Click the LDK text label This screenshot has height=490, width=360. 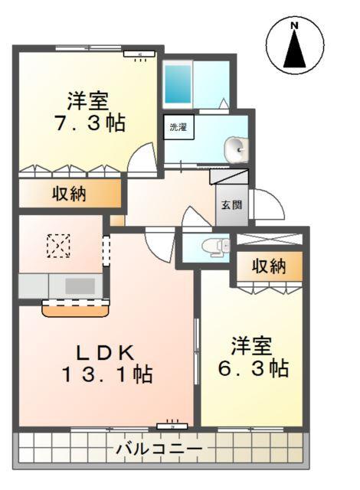pos(106,352)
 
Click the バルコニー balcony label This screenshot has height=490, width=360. pos(159,449)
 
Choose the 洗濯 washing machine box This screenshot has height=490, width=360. pos(178,127)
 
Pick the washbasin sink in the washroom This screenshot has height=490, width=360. pos(237,149)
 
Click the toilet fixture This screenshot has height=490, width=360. pos(213,246)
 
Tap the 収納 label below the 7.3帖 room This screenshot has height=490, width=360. pos(69,194)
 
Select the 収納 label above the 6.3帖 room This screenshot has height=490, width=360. pos(269,266)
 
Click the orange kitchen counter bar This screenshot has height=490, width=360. pos(75,309)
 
